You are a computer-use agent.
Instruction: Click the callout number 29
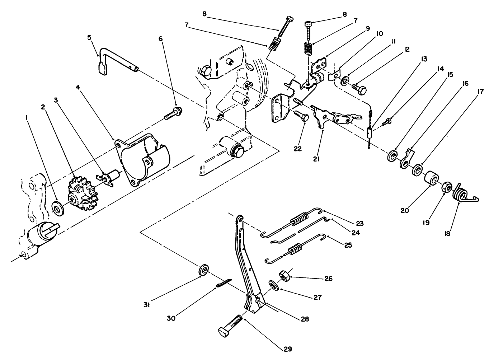(288, 349)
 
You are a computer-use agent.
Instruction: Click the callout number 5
(89, 37)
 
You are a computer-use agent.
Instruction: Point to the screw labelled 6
(172, 113)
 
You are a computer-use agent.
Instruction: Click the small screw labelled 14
(387, 122)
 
